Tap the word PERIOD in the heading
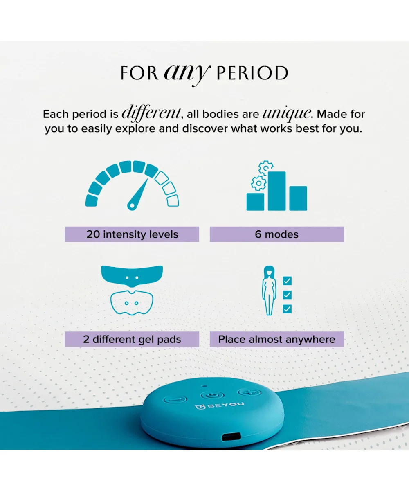click(x=252, y=73)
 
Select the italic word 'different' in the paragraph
click(x=152, y=113)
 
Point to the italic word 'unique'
click(x=287, y=114)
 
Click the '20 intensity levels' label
click(x=132, y=234)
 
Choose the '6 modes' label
click(x=276, y=234)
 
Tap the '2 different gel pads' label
click(x=132, y=339)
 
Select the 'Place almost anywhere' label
click(x=276, y=339)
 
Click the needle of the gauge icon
click(x=138, y=194)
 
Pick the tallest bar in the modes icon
click(x=276, y=191)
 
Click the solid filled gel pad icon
click(x=132, y=276)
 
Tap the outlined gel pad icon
click(x=132, y=303)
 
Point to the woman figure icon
click(x=269, y=291)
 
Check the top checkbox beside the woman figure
click(x=287, y=281)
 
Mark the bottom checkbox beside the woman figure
click(x=287, y=309)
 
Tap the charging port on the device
click(x=231, y=437)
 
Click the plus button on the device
click(x=249, y=392)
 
